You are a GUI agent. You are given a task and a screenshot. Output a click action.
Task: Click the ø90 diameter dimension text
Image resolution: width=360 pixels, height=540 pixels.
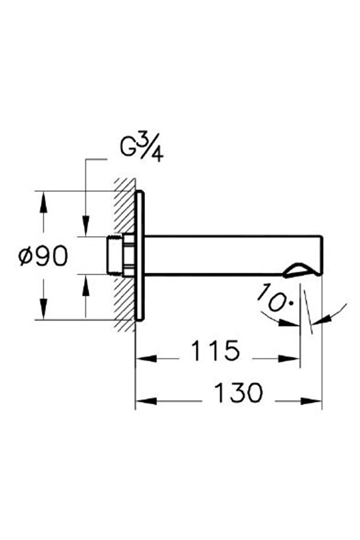pos(43,256)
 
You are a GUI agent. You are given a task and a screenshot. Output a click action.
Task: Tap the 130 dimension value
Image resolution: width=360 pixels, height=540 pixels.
pos(238,394)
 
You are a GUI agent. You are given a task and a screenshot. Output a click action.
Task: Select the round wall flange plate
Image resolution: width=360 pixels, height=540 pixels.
pos(139,255)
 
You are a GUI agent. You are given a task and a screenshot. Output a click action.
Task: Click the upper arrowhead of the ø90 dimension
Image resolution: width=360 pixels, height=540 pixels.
pos(42,197)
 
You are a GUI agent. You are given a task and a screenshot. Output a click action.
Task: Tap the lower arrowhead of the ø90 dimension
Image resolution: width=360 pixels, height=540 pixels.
pos(42,313)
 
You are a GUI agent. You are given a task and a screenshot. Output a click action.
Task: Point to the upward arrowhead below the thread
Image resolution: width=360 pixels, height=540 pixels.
pos(85,280)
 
